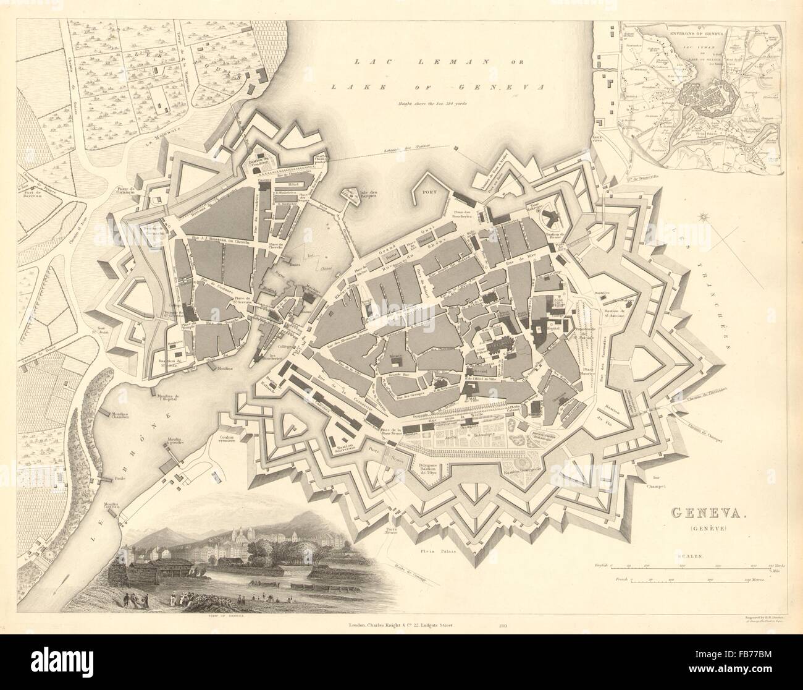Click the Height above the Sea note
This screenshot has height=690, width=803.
tap(432, 103)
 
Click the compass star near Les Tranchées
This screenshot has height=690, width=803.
tap(707, 217)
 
